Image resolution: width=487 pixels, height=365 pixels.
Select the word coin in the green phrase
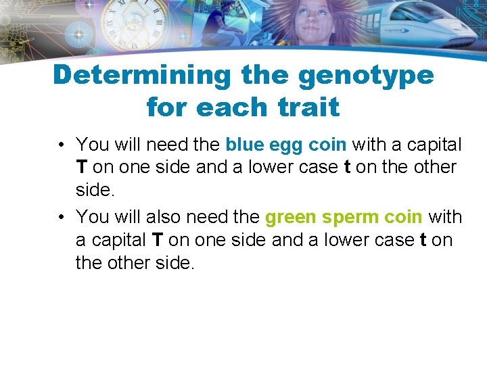401,217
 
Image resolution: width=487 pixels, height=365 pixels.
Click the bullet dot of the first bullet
61,145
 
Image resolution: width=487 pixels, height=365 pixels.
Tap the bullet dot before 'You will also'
61,218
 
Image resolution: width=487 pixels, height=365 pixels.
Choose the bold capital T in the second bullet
158,240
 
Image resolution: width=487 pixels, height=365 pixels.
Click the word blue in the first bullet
244,145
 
